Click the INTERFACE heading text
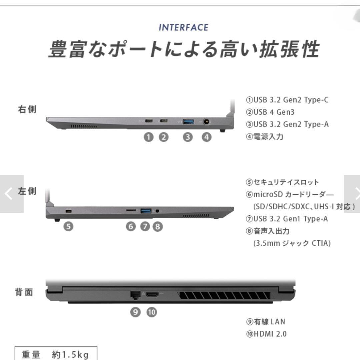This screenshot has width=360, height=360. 183,27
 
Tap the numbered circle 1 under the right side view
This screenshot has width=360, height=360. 149,137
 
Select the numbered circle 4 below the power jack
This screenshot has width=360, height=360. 206,137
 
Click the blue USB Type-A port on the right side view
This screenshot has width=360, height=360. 188,122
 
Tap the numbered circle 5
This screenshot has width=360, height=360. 68,227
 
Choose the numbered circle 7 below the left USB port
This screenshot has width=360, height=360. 145,227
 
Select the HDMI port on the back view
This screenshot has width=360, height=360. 152,295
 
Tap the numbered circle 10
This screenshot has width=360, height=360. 152,312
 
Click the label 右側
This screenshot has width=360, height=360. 27,109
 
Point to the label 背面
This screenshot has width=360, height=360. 24,293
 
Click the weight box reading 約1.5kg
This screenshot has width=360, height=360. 56,354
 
